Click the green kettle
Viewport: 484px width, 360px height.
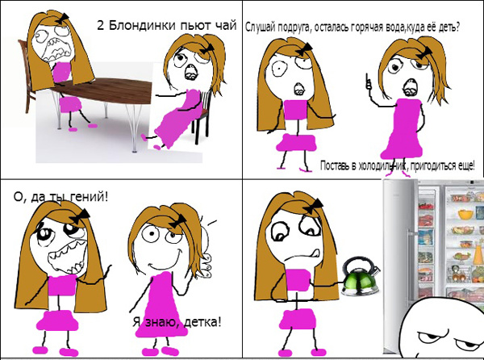click(x=361, y=278)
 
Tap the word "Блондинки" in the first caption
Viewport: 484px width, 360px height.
click(x=142, y=25)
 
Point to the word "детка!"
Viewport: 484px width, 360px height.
click(x=202, y=322)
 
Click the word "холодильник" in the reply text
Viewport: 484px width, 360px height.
click(x=381, y=165)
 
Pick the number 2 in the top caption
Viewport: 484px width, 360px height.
click(x=101, y=25)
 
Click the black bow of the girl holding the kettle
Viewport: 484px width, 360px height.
click(x=315, y=206)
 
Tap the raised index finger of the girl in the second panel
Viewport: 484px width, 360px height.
click(x=368, y=81)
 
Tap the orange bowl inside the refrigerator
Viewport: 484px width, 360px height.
click(x=465, y=214)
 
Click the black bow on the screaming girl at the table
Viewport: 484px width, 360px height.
click(x=62, y=19)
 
